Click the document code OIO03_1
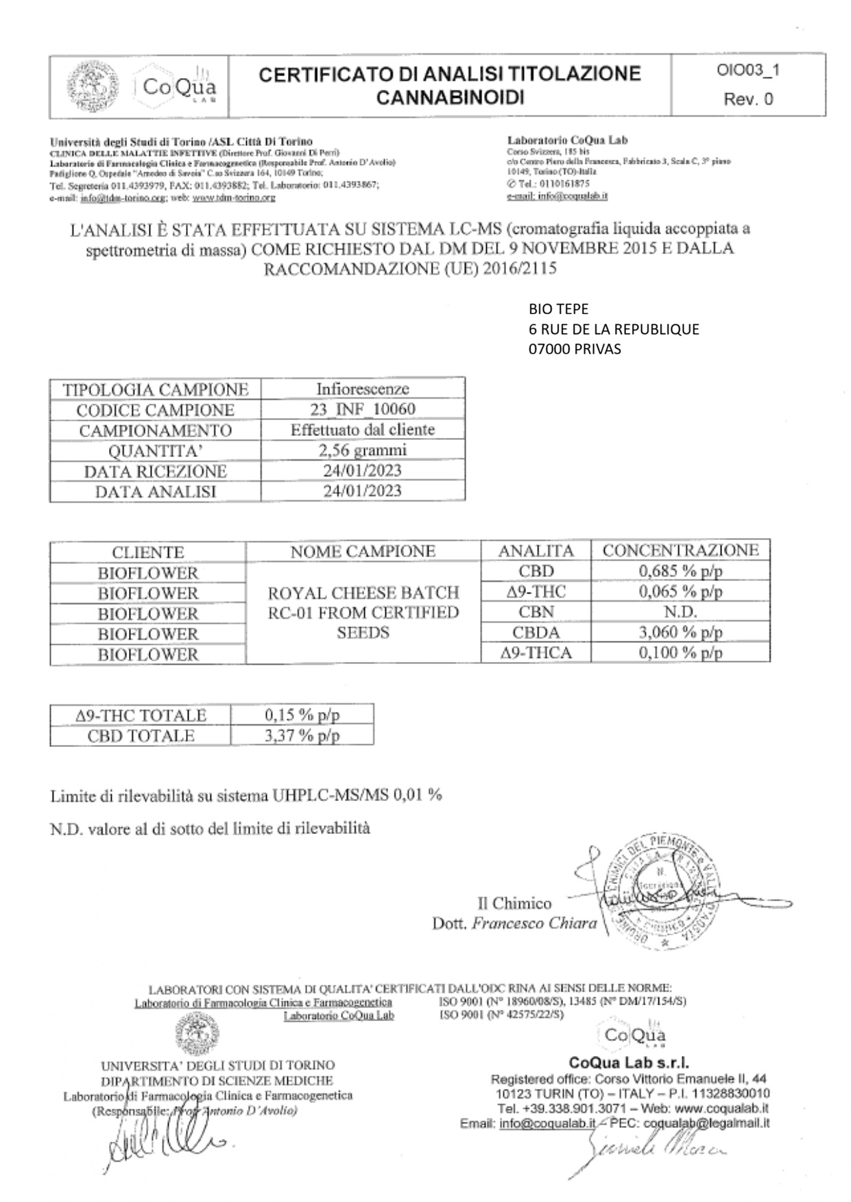[x=748, y=71]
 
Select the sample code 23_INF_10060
[x=363, y=410]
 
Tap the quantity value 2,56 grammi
[x=363, y=450]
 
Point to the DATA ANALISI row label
[x=155, y=491]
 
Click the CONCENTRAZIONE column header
[x=680, y=550]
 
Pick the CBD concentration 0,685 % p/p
[x=680, y=571]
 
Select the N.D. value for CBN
[x=680, y=611]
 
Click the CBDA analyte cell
[x=536, y=632]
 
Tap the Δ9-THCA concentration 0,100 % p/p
[x=680, y=652]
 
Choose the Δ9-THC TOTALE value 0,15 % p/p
[x=302, y=715]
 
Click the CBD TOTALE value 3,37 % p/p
[x=302, y=735]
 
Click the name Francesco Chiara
[x=534, y=923]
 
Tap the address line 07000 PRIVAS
[x=575, y=349]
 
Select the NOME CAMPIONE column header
[x=363, y=551]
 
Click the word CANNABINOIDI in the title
[x=450, y=98]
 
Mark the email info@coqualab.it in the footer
[x=547, y=1123]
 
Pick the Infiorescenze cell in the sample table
[x=363, y=389]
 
